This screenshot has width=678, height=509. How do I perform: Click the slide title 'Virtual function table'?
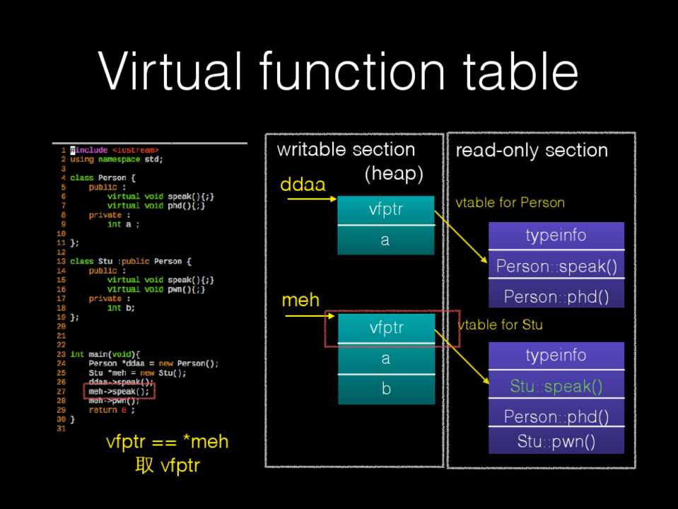pos(338,71)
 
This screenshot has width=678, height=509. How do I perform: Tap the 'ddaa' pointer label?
pos(303,185)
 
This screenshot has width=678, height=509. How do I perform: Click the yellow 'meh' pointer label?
pos(300,300)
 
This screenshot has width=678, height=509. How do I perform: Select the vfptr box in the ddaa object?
pos(385,210)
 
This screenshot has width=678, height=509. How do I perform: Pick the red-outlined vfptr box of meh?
pos(386,328)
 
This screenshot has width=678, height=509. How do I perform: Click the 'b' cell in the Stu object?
pos(385,389)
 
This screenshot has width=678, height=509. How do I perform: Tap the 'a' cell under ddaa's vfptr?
pos(385,240)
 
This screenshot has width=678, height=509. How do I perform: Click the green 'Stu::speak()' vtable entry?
pos(556,386)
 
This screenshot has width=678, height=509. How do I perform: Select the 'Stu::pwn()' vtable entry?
pos(556,442)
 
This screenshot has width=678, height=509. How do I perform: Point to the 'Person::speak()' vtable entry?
pos(556,267)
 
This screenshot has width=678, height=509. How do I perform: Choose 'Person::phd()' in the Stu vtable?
pos(556,416)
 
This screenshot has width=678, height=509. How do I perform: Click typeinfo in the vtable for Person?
pos(556,235)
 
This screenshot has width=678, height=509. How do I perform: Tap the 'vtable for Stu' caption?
pos(501,324)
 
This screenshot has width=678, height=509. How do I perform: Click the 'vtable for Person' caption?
pos(510,203)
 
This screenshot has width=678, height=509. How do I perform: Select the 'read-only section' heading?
pos(532,150)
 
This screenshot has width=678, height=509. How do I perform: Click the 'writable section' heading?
pos(346,149)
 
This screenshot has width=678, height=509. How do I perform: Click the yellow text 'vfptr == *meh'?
pos(167,443)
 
